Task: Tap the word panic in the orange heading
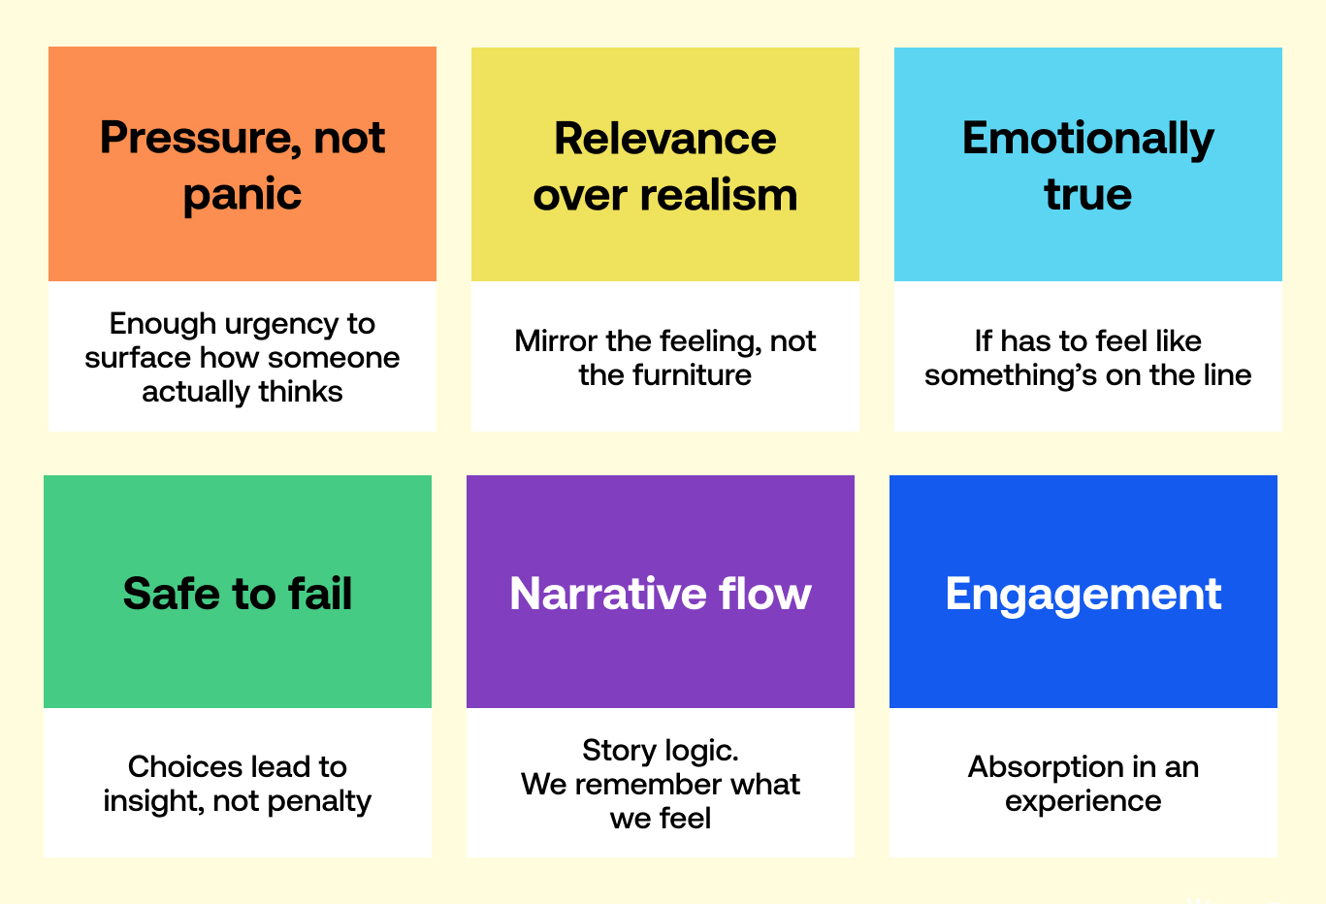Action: coord(243,195)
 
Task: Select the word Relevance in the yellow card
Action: coord(664,139)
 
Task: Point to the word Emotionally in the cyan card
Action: coord(1088,140)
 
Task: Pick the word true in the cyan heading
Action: coord(1088,194)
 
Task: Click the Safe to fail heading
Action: coord(238,594)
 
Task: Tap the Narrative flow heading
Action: coord(660,594)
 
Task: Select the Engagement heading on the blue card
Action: coord(1083,596)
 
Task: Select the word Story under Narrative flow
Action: coord(619,752)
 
